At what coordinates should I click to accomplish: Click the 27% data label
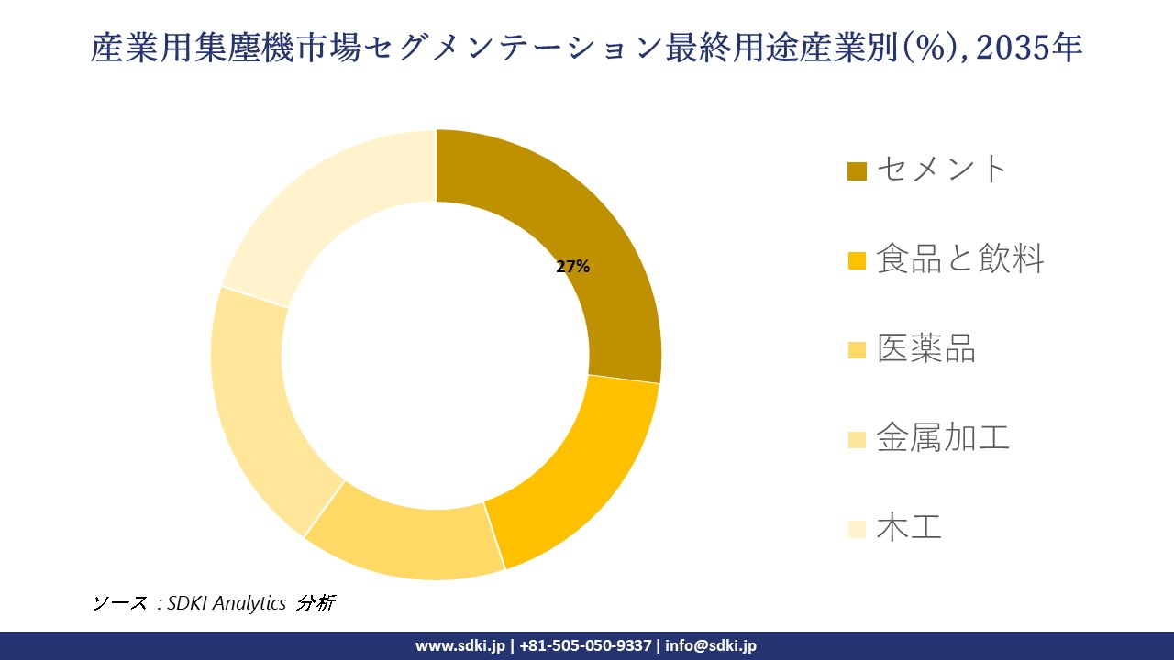point(572,267)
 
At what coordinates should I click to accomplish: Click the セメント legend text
point(942,169)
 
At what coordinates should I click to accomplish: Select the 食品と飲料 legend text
point(959,259)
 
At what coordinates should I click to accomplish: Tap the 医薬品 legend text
point(925,348)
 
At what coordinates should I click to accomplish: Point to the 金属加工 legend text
point(942,438)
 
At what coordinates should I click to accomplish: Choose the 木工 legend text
point(908,527)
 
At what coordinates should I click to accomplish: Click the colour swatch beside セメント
point(857,171)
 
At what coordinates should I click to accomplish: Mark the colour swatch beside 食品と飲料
point(857,261)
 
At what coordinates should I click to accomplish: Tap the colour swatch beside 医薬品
point(857,350)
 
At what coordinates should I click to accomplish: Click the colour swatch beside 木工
point(857,529)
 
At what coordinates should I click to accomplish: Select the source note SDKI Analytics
point(227,602)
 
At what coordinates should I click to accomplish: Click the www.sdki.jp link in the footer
point(460,645)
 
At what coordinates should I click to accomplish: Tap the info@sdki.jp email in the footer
point(711,645)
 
